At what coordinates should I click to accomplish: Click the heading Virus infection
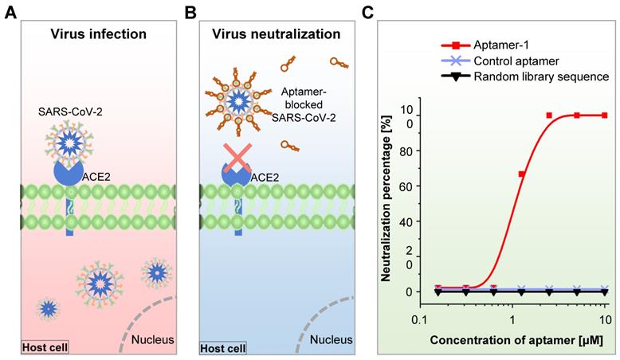98,34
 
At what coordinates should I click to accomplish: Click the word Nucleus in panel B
331,341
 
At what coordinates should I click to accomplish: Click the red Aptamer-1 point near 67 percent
522,174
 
